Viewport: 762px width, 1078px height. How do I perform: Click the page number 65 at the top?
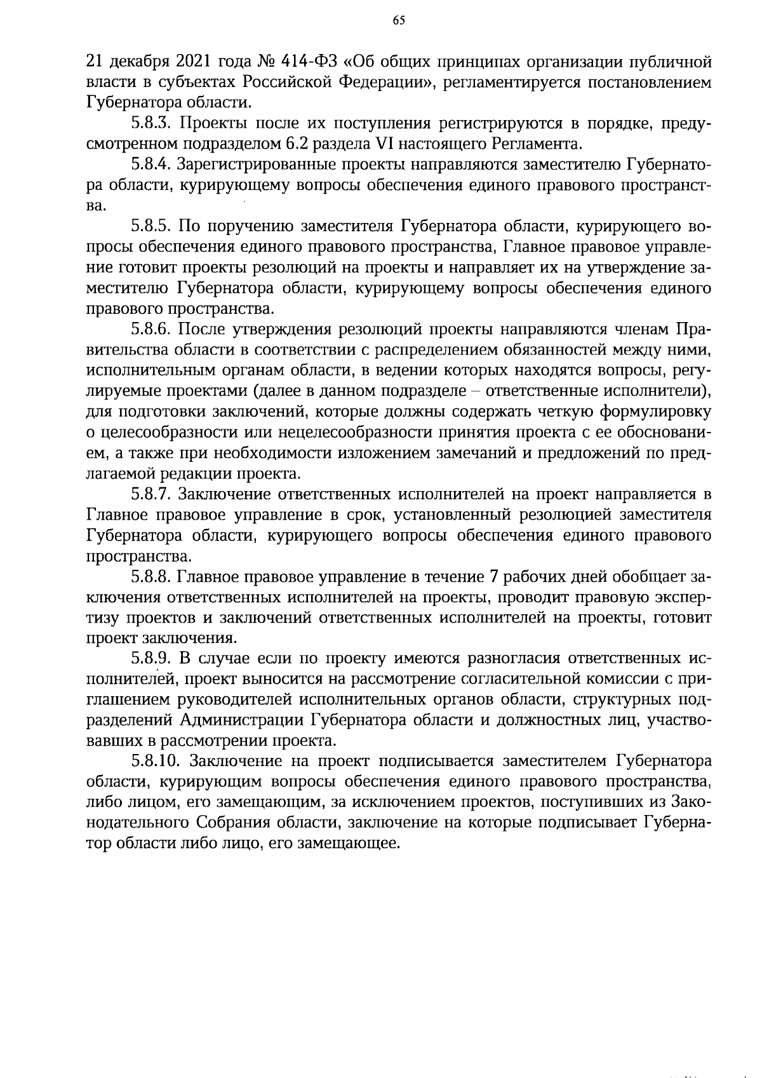[x=398, y=20]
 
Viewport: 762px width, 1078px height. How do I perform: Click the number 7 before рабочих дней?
[x=495, y=576]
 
